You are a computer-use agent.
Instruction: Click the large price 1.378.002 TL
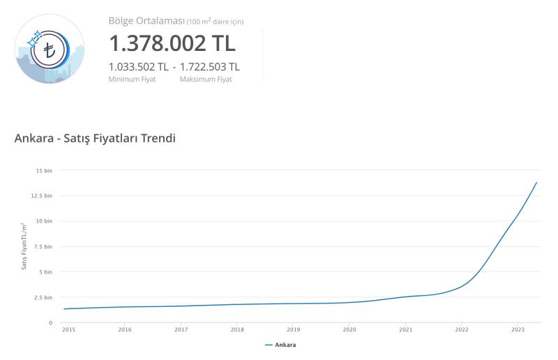click(172, 43)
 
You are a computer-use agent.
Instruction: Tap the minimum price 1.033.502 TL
click(138, 67)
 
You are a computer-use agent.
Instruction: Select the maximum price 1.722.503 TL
click(210, 67)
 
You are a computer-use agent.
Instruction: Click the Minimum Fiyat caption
click(133, 80)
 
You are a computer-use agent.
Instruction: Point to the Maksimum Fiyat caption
click(206, 80)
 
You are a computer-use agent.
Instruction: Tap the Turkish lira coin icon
click(50, 49)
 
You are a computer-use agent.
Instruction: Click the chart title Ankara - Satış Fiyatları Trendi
click(95, 138)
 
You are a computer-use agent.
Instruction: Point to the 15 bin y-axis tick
click(44, 170)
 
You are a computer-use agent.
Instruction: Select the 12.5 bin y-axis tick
click(43, 195)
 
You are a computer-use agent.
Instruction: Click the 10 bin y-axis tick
click(44, 221)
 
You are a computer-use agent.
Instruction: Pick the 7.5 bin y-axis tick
click(43, 246)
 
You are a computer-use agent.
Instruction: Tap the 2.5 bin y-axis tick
click(43, 297)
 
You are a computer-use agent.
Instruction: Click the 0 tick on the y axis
click(50, 323)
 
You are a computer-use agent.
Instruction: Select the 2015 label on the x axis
click(68, 329)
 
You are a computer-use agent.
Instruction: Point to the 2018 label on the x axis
click(237, 329)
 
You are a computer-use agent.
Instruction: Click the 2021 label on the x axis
click(405, 329)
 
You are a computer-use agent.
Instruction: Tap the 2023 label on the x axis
click(518, 329)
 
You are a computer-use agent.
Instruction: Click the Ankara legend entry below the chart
click(281, 345)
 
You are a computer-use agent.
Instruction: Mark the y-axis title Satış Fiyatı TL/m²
click(24, 246)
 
